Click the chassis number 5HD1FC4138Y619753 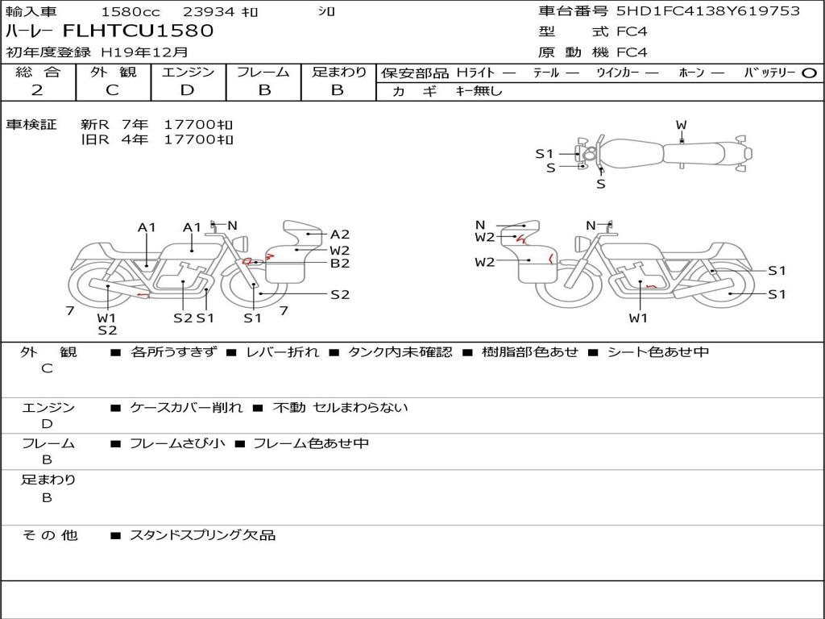coord(708,11)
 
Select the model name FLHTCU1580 coord(139,31)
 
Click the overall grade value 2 coord(37,90)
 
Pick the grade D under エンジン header coord(187,90)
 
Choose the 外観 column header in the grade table coord(113,72)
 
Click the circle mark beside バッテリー coord(809,73)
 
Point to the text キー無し coord(479,91)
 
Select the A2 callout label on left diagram coord(340,235)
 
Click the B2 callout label coord(340,264)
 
